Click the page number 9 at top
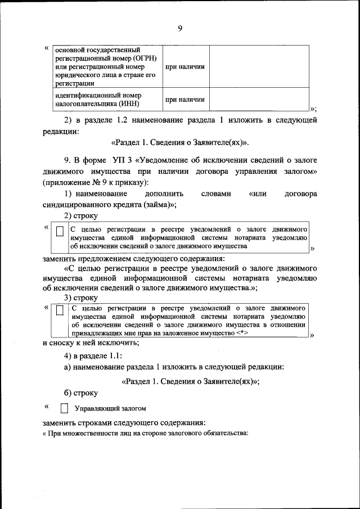pos(179,28)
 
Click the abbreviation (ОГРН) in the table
pos(147,58)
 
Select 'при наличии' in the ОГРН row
pos(184,67)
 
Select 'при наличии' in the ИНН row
pos(184,100)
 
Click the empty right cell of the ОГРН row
pos(259,66)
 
